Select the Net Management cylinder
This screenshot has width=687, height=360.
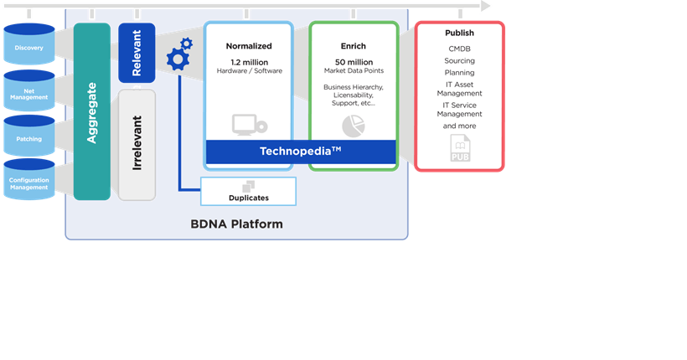coord(29,91)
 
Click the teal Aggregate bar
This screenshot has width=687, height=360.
coord(91,111)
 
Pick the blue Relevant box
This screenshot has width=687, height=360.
coord(137,52)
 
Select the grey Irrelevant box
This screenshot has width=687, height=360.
coord(137,145)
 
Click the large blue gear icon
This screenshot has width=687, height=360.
coord(178,59)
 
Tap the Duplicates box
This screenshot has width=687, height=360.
coord(248,192)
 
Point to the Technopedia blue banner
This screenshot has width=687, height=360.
coord(300,152)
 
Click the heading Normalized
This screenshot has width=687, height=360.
coord(249,46)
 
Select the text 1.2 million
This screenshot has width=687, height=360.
coord(249,62)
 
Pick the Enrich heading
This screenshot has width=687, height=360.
coord(354,46)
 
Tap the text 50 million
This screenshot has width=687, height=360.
coord(354,62)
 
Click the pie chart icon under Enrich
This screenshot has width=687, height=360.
coord(354,126)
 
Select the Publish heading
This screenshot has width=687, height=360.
coord(459,33)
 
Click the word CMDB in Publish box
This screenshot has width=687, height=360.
coord(459,49)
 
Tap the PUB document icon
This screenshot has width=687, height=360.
coord(460,150)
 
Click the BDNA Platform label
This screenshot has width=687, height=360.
coord(236,224)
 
